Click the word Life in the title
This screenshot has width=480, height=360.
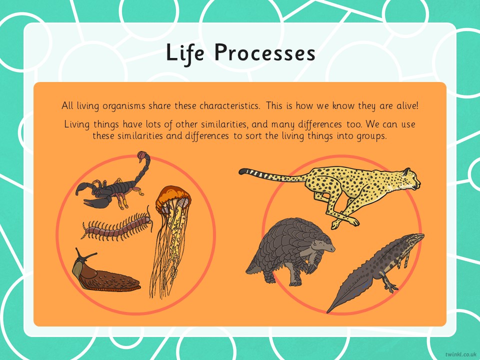click(x=184, y=53)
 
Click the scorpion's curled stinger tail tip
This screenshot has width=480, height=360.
click(x=141, y=155)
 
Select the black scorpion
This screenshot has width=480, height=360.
click(x=112, y=183)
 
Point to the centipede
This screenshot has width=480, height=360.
click(x=117, y=225)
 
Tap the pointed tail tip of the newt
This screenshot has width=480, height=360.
click(x=328, y=312)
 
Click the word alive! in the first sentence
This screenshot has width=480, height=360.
click(x=407, y=106)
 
